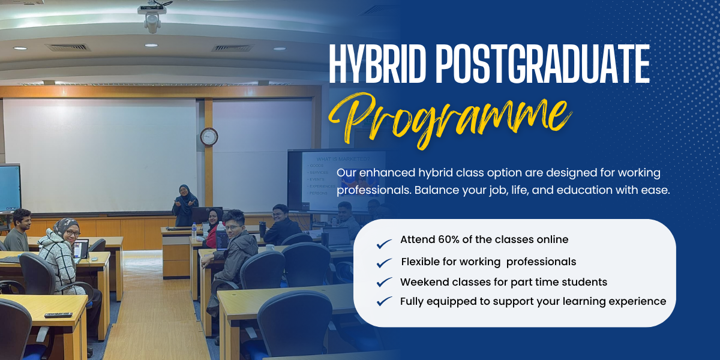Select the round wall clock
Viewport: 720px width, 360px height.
[x=209, y=136]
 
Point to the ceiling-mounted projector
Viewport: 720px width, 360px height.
[x=152, y=18]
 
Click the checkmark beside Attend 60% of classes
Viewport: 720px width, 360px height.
[x=384, y=244]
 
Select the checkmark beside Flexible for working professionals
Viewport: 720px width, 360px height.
[x=384, y=263]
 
